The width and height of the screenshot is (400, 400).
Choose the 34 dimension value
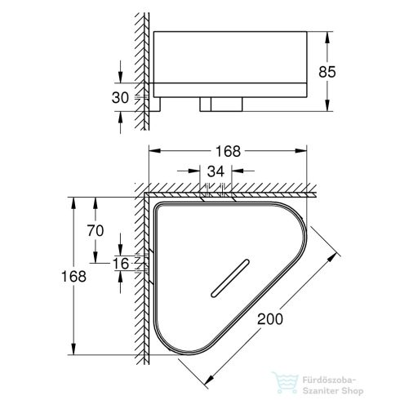(x=216, y=171)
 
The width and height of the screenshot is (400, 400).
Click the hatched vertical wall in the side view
(x=144, y=65)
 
